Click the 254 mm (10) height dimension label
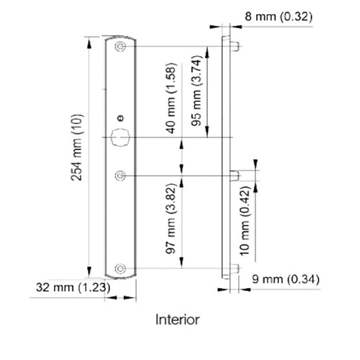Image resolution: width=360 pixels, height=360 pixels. point(77,147)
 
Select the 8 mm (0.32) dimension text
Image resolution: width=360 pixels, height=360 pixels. point(278,16)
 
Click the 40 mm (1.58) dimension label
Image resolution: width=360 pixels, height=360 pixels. point(171,98)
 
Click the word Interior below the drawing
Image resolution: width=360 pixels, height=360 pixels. point(177,319)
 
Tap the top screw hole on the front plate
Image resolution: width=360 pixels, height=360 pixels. point(120,47)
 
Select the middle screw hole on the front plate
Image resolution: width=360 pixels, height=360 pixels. point(120,176)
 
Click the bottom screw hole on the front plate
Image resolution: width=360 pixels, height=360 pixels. point(120,268)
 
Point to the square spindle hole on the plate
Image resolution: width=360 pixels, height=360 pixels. point(120,137)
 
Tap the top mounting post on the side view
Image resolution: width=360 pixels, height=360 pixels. point(236,46)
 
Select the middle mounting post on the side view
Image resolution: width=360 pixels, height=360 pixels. point(235,175)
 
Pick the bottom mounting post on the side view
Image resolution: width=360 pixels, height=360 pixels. point(235,268)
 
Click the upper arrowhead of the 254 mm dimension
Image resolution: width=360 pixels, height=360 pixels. point(90,42)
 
